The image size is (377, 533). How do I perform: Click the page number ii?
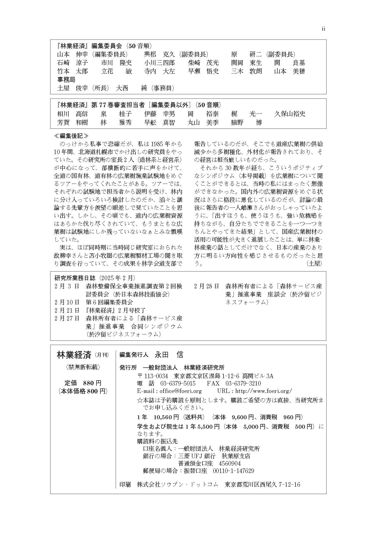(323, 29)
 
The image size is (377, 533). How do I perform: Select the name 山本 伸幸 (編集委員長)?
(92, 55)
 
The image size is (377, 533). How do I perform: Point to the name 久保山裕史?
(290, 114)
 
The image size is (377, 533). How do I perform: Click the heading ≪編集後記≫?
(71, 136)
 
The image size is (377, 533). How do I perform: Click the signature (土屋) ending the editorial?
(314, 263)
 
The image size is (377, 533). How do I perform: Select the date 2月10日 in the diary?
(67, 302)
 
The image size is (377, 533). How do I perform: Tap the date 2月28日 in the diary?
(207, 286)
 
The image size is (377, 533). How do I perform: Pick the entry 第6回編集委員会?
(109, 302)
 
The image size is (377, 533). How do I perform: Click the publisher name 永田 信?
(169, 355)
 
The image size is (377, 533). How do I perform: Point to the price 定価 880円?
(83, 383)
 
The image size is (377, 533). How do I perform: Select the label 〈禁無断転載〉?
(83, 367)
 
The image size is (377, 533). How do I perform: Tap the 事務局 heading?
(66, 80)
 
